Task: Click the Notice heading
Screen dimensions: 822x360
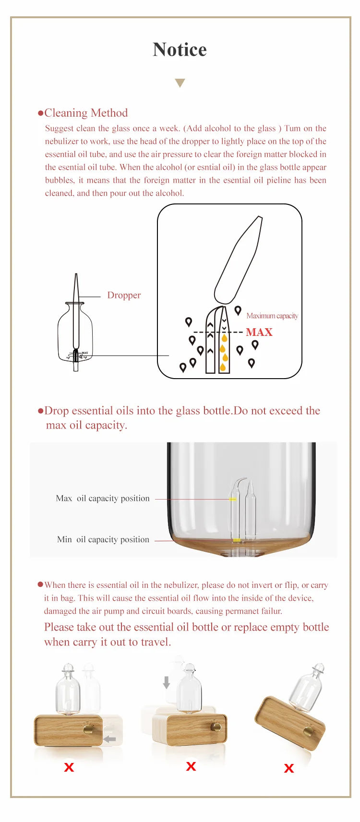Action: [x=180, y=50]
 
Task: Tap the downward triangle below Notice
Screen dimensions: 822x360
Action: [x=180, y=83]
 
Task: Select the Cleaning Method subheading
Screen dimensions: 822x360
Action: [x=86, y=113]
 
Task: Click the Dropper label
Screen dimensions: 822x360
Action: [x=124, y=295]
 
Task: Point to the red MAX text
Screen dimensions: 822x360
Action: [x=259, y=332]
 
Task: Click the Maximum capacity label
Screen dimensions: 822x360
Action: [x=272, y=316]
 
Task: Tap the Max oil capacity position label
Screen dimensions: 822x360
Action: [x=103, y=499]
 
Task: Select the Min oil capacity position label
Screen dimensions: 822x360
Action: [x=103, y=539]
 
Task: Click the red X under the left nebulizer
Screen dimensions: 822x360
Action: [x=69, y=767]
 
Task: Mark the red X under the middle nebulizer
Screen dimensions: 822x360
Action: [x=191, y=766]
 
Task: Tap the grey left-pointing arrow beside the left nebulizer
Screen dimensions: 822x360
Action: [x=110, y=739]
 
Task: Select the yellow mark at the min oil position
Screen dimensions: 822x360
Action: [x=237, y=540]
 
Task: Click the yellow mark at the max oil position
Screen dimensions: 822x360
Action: [x=233, y=500]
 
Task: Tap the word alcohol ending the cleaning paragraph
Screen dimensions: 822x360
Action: [x=171, y=193]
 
